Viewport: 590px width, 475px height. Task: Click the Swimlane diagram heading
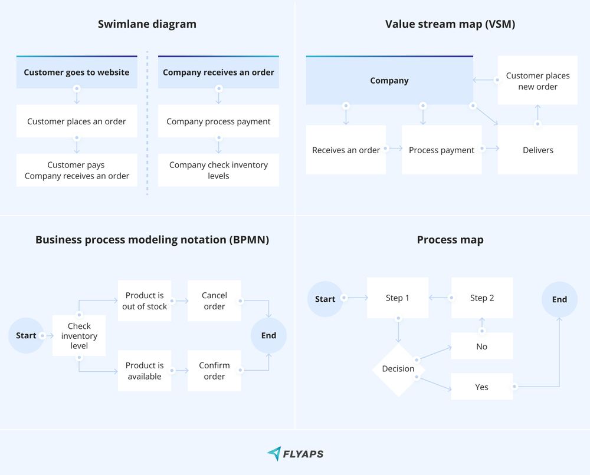[x=147, y=24]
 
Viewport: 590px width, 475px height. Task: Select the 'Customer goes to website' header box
[x=77, y=72]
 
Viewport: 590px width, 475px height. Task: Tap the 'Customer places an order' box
[x=77, y=121]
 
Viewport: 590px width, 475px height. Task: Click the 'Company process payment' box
[x=218, y=121]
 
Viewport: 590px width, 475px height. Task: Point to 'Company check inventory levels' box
[x=218, y=170]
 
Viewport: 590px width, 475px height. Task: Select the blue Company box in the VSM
[x=389, y=81]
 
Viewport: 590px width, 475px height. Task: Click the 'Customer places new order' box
[x=537, y=81]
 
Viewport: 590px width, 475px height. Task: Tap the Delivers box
[x=537, y=150]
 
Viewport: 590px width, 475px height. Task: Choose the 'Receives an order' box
[x=346, y=150]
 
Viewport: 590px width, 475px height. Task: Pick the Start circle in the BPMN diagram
[x=26, y=335]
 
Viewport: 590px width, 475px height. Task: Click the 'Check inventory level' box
[x=79, y=335]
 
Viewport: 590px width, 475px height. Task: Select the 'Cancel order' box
[x=214, y=301]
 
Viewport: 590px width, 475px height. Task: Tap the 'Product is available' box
[x=145, y=371]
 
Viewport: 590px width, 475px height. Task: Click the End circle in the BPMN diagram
[x=268, y=335]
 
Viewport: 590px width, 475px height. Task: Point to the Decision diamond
[x=398, y=369]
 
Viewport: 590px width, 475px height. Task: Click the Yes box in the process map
[x=481, y=387]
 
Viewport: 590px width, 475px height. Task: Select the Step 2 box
[x=482, y=298]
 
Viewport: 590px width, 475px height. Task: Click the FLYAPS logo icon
[x=274, y=453]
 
